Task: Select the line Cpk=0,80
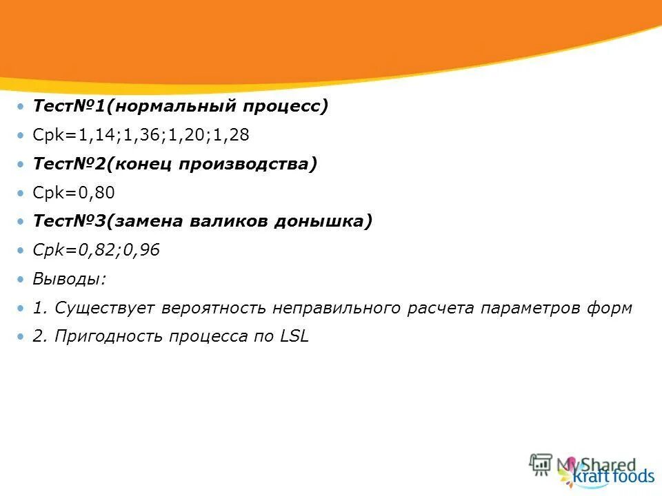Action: click(74, 194)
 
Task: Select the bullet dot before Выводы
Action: click(21, 280)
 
